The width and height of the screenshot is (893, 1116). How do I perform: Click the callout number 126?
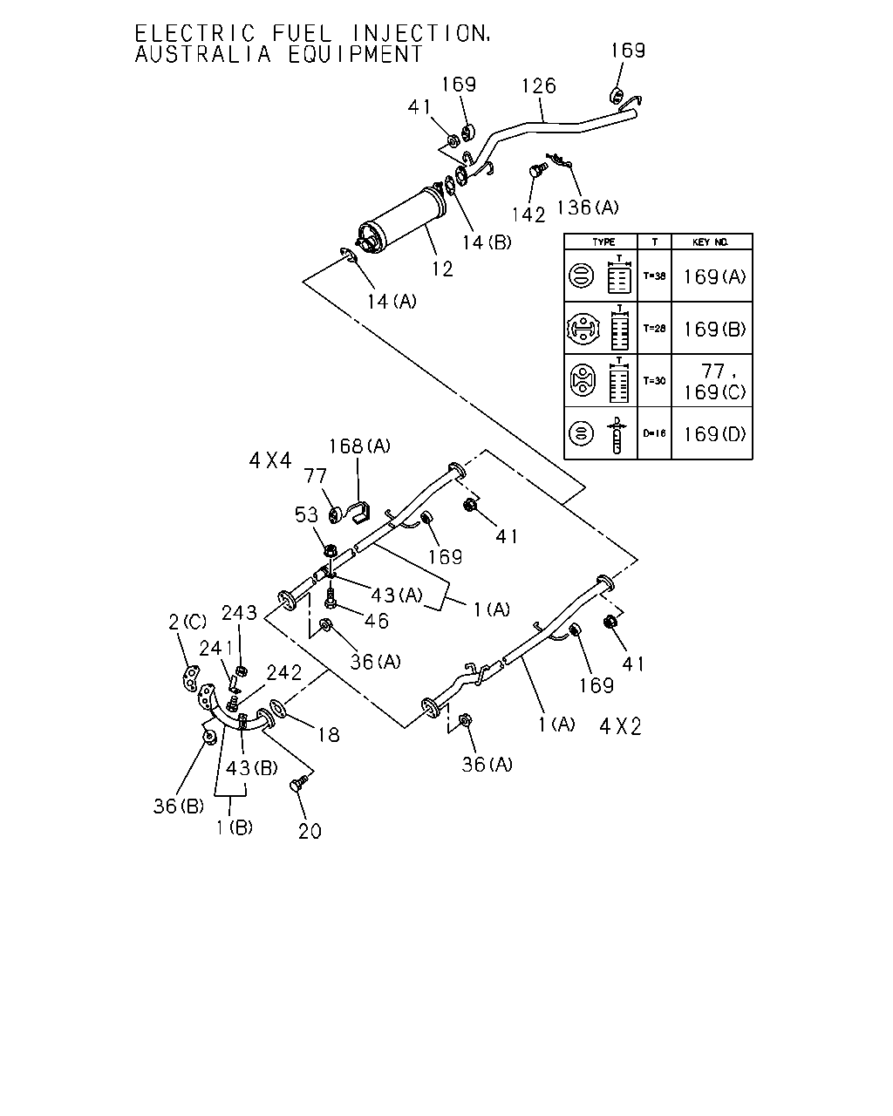pos(539,86)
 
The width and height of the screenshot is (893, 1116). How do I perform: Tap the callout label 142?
pos(528,214)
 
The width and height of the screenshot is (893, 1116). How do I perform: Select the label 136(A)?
pos(588,208)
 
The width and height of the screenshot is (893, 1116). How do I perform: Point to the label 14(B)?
pos(487,242)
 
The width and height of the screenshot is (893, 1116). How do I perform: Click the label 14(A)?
pos(392,302)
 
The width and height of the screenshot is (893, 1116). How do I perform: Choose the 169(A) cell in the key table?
pos(714,277)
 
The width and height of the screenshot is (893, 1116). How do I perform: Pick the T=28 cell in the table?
pos(654,329)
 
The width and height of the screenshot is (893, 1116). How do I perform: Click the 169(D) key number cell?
pos(714,434)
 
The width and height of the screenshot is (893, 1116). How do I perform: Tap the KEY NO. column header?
pos(711,242)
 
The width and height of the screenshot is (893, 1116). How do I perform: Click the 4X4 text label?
pos(270,460)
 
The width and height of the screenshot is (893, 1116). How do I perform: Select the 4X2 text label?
pos(621,726)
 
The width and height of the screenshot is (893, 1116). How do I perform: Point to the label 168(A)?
pos(359,446)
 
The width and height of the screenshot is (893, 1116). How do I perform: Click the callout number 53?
pos(306,515)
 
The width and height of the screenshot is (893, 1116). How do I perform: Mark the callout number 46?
pos(377,621)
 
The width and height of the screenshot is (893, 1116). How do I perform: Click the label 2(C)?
pos(187,622)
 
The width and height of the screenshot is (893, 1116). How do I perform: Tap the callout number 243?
pos(239,613)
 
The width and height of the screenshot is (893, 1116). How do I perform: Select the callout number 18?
pos(329,735)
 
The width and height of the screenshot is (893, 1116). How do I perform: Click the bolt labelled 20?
pos(299,783)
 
